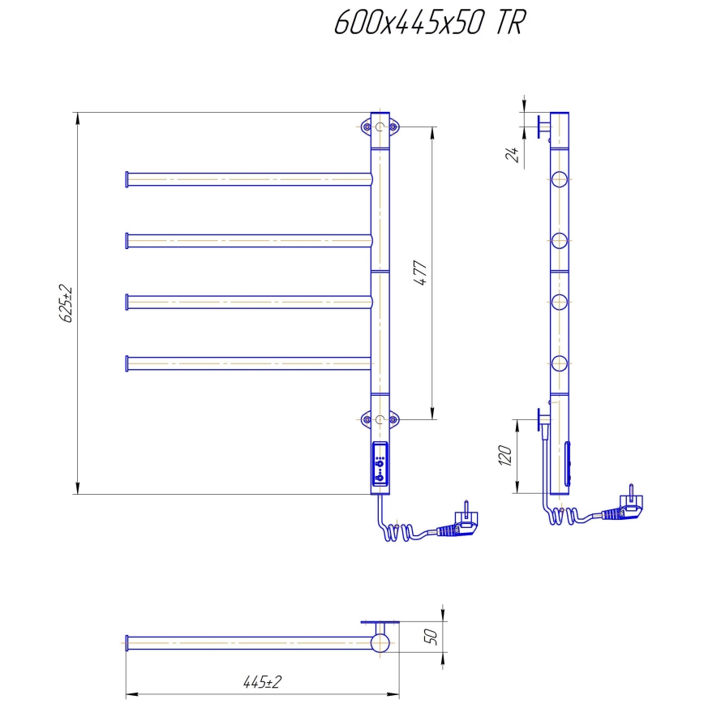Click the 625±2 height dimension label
tap(67, 303)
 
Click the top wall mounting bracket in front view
tap(380, 127)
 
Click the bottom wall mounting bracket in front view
tap(380, 419)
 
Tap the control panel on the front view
tap(380, 466)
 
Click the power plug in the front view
tap(458, 525)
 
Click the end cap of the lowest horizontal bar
tap(127, 363)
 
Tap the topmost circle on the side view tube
tap(559, 179)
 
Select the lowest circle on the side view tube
tap(559, 363)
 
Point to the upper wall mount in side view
tap(543, 128)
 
